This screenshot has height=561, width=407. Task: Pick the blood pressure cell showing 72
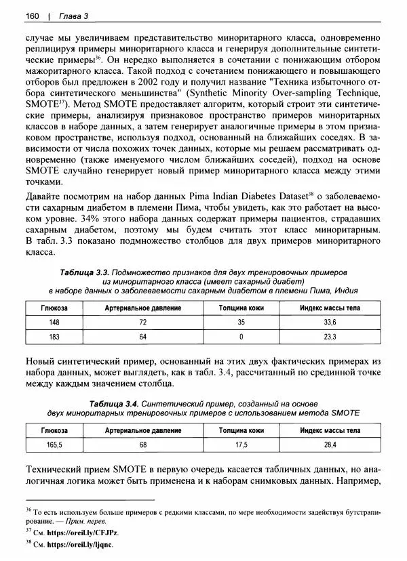coord(143,322)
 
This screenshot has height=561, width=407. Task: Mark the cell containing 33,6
coord(330,322)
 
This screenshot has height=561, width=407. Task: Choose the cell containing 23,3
coord(330,335)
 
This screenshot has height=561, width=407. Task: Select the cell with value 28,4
coord(330,444)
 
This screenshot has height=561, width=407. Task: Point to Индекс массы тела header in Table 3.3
coord(330,308)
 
